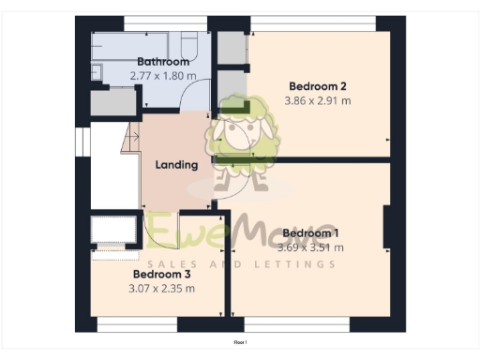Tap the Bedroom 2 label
pyautogui.click(x=312, y=86)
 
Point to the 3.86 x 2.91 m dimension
pyautogui.click(x=319, y=100)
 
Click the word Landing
pyautogui.click(x=176, y=165)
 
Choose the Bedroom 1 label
pyautogui.click(x=310, y=233)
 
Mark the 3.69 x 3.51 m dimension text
pyautogui.click(x=312, y=247)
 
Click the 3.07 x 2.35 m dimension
pyautogui.click(x=161, y=289)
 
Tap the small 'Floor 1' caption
pyautogui.click(x=240, y=344)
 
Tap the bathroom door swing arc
pyautogui.click(x=195, y=94)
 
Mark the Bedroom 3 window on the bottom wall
pyautogui.click(x=137, y=324)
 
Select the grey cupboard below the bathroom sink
pyautogui.click(x=104, y=102)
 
